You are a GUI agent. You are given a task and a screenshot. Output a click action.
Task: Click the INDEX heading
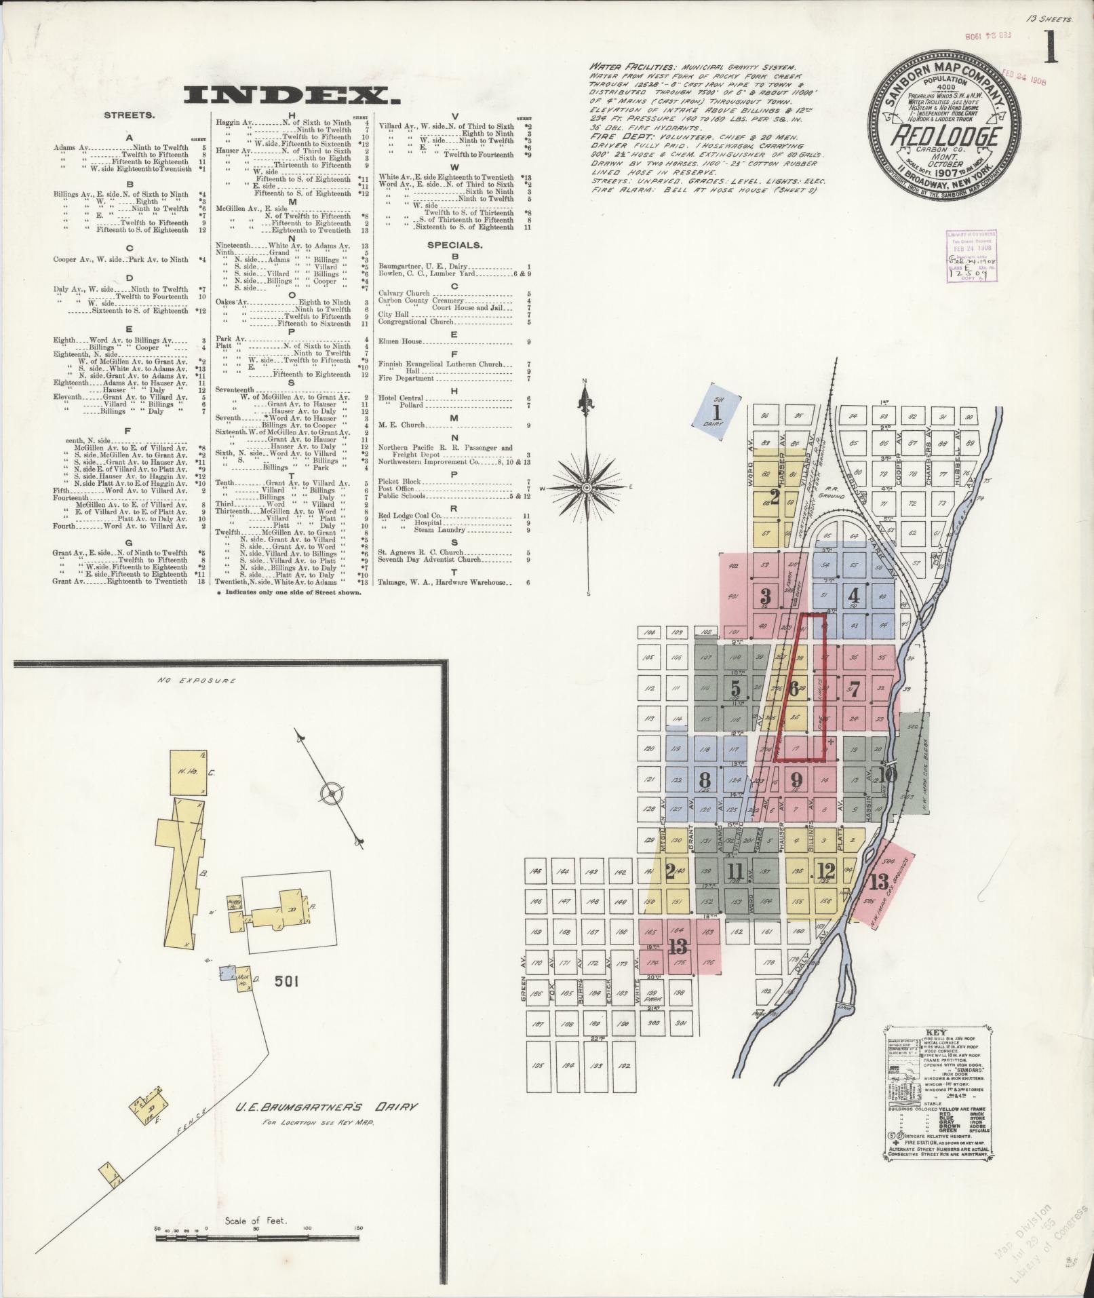pyautogui.click(x=287, y=96)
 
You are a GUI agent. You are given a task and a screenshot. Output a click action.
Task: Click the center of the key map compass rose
pyautogui.click(x=586, y=487)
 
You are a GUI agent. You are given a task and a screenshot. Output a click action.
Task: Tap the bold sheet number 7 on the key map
pyautogui.click(x=854, y=690)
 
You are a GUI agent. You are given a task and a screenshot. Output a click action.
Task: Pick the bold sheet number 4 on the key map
pyautogui.click(x=853, y=596)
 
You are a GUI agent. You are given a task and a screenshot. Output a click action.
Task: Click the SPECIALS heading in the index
pyautogui.click(x=454, y=245)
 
